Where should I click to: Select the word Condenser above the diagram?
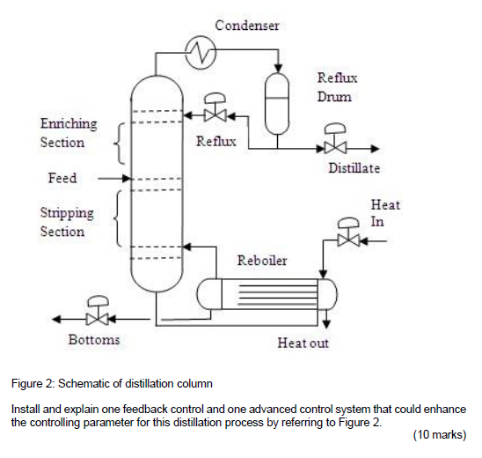(x=247, y=26)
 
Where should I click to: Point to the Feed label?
(x=62, y=178)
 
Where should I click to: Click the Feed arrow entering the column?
(x=112, y=178)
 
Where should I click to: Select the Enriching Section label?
(x=68, y=134)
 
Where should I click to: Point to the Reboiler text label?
(x=262, y=262)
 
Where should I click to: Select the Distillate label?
(x=354, y=168)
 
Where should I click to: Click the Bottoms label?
(x=94, y=340)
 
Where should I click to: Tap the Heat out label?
(x=303, y=343)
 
